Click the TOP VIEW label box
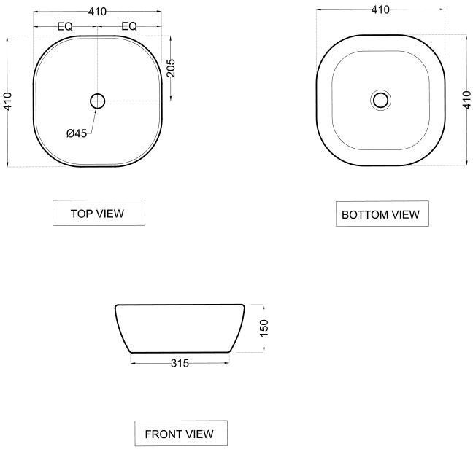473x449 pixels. coord(99,213)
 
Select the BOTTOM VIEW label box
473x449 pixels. coord(382,214)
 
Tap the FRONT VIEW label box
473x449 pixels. coord(181,433)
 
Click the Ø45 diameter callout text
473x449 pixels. coord(77,133)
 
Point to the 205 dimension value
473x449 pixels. coord(171,68)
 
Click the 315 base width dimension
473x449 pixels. coord(180,363)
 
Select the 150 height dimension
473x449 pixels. coord(264,328)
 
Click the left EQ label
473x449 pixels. coord(65,26)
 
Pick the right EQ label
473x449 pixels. coord(129,26)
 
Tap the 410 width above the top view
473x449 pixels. coord(97,12)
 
